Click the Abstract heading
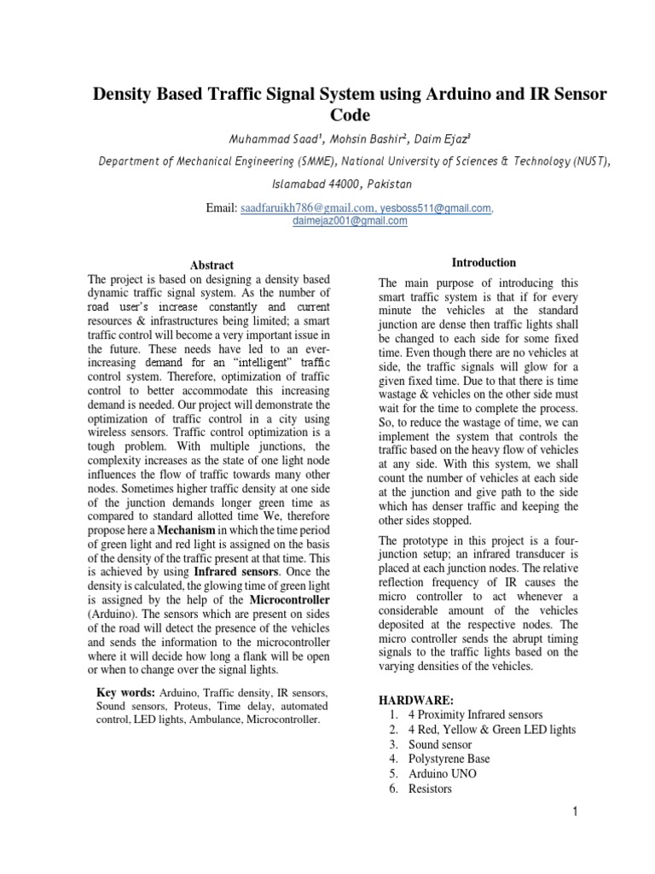tap(212, 265)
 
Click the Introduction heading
tap(484, 262)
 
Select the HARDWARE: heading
tap(416, 700)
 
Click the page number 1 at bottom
tap(576, 812)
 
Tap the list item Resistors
tap(430, 790)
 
